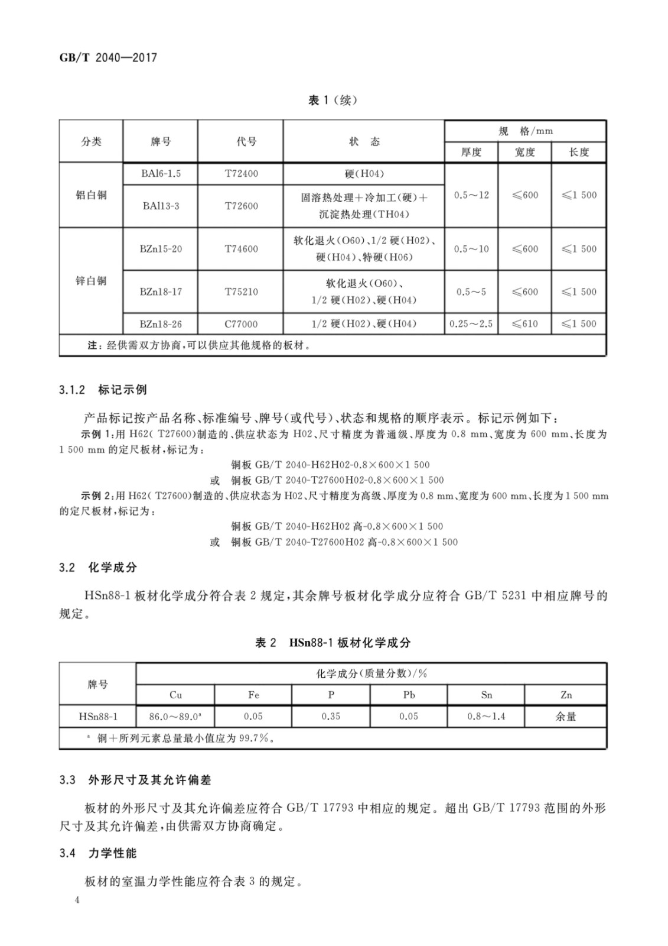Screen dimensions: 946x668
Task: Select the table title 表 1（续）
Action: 333,101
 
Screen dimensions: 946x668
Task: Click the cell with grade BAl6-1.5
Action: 161,174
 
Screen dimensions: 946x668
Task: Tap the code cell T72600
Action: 241,206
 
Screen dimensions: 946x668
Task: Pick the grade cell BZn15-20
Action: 161,249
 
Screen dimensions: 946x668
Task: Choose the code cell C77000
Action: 241,323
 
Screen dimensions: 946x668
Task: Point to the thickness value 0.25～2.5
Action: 471,323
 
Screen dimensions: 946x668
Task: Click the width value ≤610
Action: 524,323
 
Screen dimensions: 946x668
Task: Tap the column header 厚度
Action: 471,152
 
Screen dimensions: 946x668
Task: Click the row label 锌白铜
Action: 91,280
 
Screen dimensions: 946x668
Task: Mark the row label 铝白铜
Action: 91,195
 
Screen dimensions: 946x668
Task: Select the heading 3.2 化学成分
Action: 98,567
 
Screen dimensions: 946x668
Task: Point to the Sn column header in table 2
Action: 486,695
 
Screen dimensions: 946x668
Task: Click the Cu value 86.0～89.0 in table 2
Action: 175,717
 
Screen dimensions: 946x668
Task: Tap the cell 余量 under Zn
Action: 566,717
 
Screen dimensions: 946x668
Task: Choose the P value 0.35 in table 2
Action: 331,717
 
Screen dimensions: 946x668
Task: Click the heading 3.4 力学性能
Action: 98,853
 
